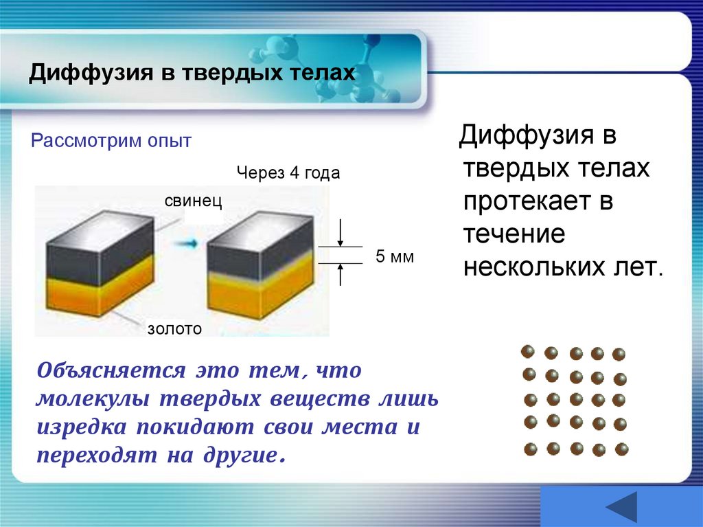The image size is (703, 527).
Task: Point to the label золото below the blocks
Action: [174, 329]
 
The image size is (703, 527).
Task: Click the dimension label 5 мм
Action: [395, 257]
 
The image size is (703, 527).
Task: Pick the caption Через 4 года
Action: [288, 172]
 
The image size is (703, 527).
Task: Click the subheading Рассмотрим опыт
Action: [111, 141]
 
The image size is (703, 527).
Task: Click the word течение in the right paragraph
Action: [514, 234]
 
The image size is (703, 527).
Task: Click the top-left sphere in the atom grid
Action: [528, 352]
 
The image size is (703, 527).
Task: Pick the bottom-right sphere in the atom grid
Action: [621, 449]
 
